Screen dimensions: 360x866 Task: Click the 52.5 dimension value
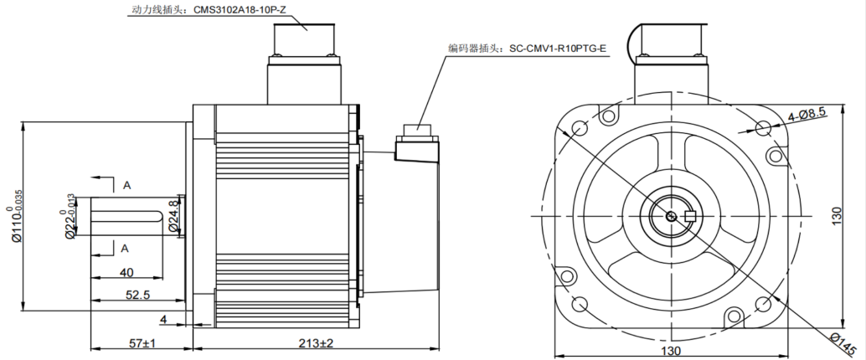138,295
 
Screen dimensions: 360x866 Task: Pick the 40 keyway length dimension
126,271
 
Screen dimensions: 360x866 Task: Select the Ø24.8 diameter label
173,215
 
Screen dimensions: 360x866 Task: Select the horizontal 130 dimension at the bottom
672,352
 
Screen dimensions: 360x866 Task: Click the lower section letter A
125,249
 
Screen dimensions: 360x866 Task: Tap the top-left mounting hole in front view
579,127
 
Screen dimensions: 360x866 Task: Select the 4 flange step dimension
164,319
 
